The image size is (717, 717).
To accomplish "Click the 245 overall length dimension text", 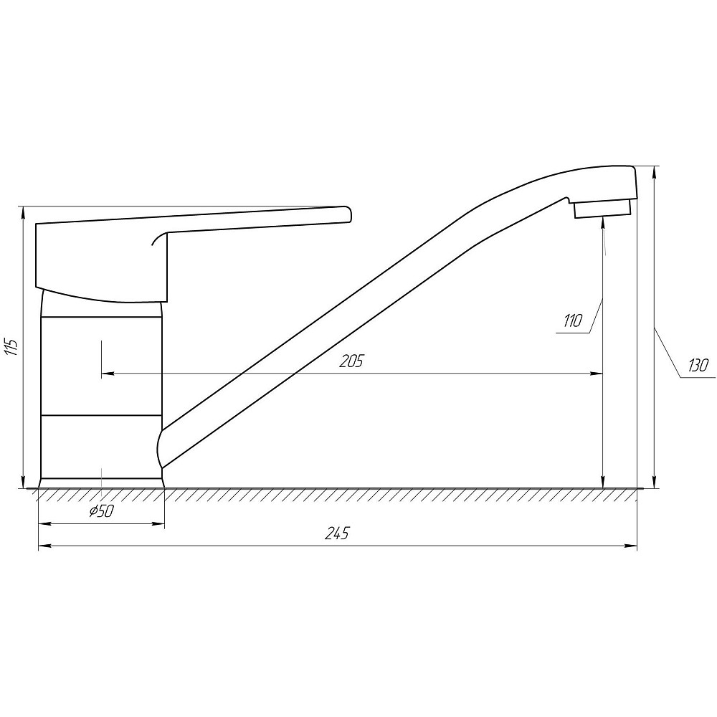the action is (x=337, y=533).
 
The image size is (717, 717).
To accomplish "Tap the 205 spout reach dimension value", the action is (x=351, y=361).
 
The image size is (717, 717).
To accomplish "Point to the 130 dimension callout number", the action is (x=698, y=366).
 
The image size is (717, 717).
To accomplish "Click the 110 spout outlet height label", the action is (x=571, y=321).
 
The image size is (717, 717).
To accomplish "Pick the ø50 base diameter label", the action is (x=101, y=512).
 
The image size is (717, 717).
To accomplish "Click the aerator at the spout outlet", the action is (x=602, y=209).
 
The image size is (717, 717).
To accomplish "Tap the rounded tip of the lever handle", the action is (x=348, y=214).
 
